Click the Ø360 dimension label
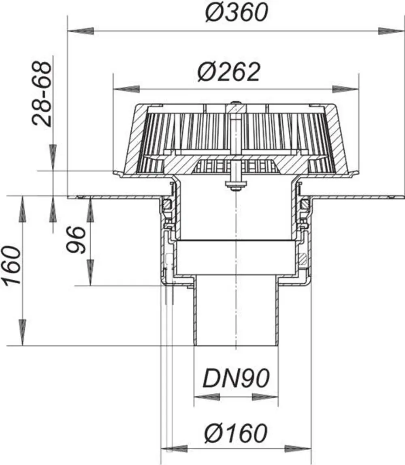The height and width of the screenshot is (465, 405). coord(237,13)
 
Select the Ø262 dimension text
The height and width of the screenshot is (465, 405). coord(229,72)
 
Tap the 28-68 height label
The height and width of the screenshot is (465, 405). coord(42,94)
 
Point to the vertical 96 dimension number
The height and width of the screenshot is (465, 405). coord(76,240)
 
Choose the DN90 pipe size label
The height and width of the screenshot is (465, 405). coord(236,378)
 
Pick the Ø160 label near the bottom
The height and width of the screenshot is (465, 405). coord(236,433)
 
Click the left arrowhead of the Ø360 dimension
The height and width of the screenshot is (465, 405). coord(81,31)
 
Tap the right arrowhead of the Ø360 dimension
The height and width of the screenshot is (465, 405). coord(391,31)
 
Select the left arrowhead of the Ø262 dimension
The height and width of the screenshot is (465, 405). coord(126,89)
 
